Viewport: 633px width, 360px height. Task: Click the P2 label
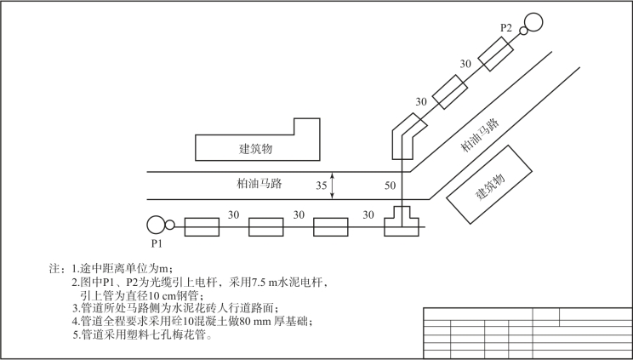pyautogui.click(x=505, y=28)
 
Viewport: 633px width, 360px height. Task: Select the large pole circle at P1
pyautogui.click(x=155, y=225)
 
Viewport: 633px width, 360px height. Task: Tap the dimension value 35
pyautogui.click(x=322, y=185)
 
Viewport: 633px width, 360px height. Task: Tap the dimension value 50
pyautogui.click(x=391, y=185)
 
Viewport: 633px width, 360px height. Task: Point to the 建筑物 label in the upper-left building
pyautogui.click(x=255, y=148)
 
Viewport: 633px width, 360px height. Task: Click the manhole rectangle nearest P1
pyautogui.click(x=202, y=226)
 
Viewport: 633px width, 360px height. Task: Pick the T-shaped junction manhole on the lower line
pyautogui.click(x=401, y=222)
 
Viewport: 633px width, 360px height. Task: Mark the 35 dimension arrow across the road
pyautogui.click(x=334, y=186)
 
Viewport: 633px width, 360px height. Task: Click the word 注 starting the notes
pyautogui.click(x=57, y=267)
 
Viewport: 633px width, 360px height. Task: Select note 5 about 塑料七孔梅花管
pyautogui.click(x=141, y=334)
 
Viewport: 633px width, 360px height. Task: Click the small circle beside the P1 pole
pyautogui.click(x=170, y=226)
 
